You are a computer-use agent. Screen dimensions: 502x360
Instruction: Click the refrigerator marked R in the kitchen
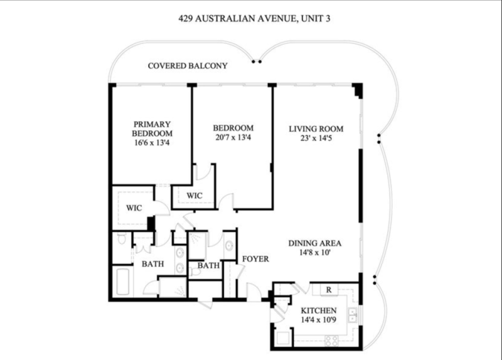(329, 290)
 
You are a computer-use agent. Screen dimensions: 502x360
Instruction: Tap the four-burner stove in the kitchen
(331, 340)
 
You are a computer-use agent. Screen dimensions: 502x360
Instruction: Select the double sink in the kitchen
(353, 315)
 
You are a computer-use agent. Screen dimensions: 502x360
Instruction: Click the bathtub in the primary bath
(122, 282)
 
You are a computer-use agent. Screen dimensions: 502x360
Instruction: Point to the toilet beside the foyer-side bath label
(195, 272)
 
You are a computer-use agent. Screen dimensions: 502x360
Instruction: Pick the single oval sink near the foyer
(229, 246)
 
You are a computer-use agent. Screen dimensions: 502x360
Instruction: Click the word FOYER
(255, 259)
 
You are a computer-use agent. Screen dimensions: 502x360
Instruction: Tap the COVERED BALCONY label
(188, 66)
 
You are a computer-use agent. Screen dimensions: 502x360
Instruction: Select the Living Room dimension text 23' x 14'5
(316, 138)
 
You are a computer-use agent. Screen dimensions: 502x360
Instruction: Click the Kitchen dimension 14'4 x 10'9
(319, 320)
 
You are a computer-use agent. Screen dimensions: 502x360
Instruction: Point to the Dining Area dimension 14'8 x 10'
(315, 253)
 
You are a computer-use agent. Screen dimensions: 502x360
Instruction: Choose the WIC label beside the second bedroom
(195, 196)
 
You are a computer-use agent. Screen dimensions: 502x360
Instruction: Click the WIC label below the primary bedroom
(134, 208)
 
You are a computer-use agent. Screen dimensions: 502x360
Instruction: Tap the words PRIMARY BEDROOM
(152, 129)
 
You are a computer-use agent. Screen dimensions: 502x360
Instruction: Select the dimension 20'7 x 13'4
(233, 137)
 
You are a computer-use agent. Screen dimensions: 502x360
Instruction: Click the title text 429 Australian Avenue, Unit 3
(254, 19)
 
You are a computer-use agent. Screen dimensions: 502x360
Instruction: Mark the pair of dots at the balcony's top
(257, 61)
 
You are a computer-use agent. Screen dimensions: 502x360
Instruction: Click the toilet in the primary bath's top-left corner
(122, 239)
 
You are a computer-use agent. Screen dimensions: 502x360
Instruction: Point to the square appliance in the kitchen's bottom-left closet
(284, 338)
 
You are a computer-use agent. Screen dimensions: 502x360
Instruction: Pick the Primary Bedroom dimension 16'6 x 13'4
(152, 143)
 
